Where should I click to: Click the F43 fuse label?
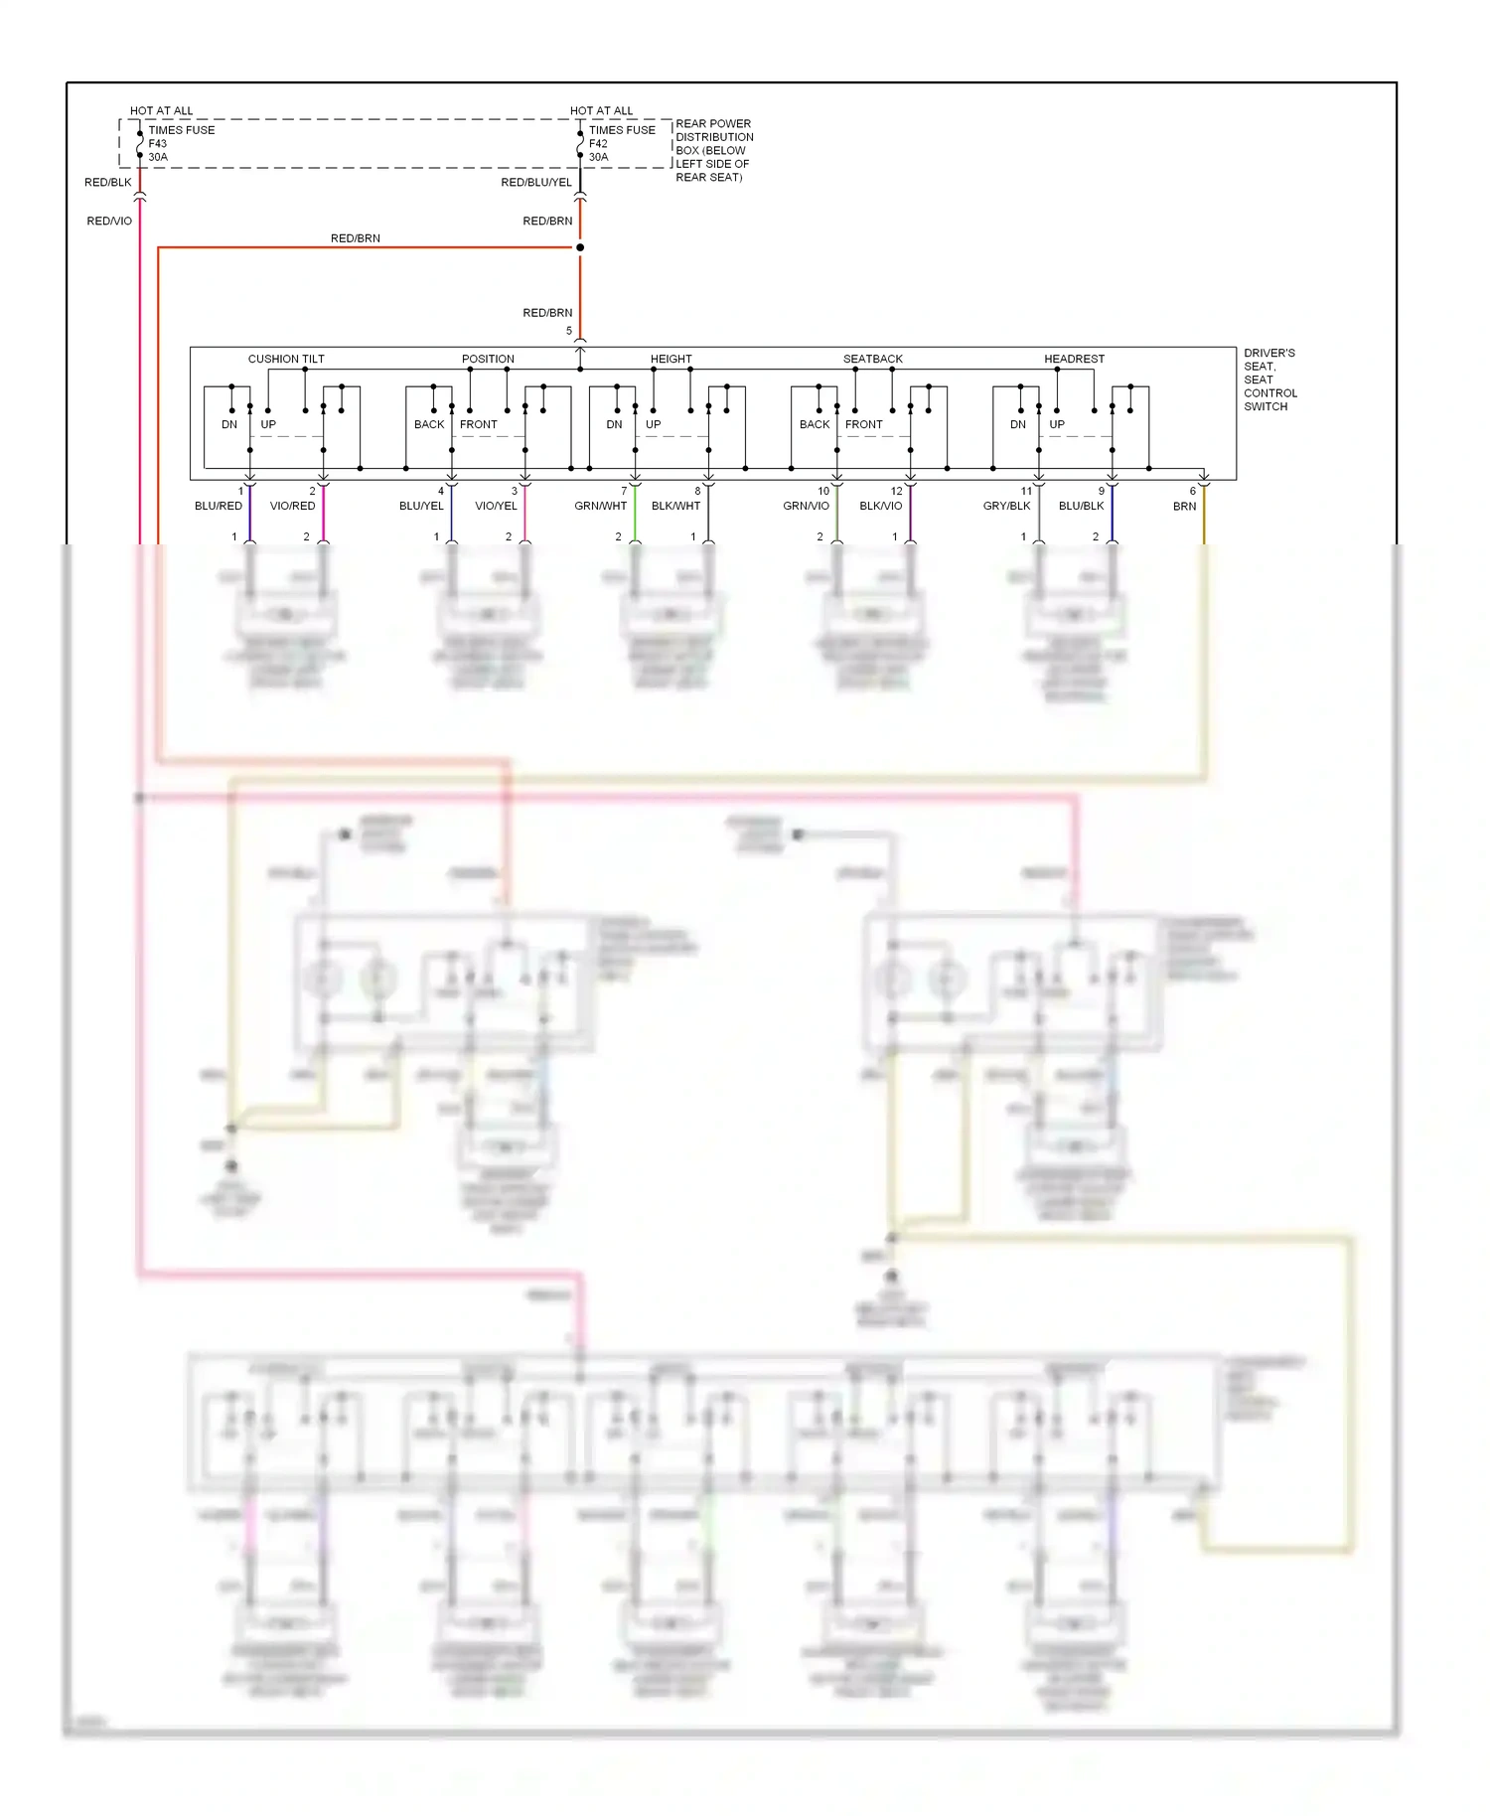(158, 143)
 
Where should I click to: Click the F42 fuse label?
(598, 143)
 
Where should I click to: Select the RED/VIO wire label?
(109, 221)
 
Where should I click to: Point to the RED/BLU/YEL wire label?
(536, 182)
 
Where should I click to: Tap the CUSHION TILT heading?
(286, 359)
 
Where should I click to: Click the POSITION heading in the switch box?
(488, 359)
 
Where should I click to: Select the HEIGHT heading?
(670, 359)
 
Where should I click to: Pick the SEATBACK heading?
(873, 359)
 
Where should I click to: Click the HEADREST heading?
(1074, 359)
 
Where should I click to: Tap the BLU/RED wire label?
(219, 506)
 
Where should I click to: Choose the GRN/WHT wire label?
(600, 506)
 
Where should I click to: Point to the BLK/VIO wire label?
(880, 506)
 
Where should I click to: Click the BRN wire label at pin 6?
(1184, 506)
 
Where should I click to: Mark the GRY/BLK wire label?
(1006, 506)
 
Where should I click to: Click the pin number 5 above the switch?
(569, 331)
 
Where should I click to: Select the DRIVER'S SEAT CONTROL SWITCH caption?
(1269, 379)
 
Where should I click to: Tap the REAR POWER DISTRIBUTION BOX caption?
(713, 150)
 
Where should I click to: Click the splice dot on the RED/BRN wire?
(580, 247)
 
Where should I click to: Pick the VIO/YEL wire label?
(496, 506)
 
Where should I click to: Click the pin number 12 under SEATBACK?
(896, 491)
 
